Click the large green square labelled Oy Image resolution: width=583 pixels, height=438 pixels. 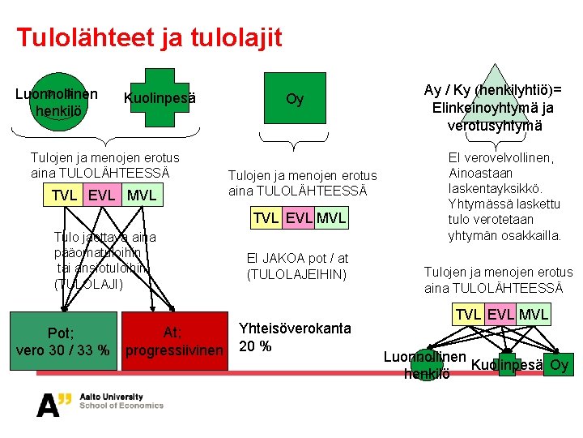click(295, 99)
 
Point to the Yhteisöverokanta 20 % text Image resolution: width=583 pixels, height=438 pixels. click(295, 337)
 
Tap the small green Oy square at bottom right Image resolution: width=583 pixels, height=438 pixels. click(558, 364)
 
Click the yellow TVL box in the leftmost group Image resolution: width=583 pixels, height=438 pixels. click(65, 195)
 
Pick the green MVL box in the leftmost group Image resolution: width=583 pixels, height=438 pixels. click(141, 195)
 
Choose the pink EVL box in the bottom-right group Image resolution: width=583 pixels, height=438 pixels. click(500, 314)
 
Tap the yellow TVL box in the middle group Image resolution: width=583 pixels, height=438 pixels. click(266, 218)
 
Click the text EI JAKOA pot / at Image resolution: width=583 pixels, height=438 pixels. click(297, 259)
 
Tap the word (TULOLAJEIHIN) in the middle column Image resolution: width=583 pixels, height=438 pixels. click(297, 274)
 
